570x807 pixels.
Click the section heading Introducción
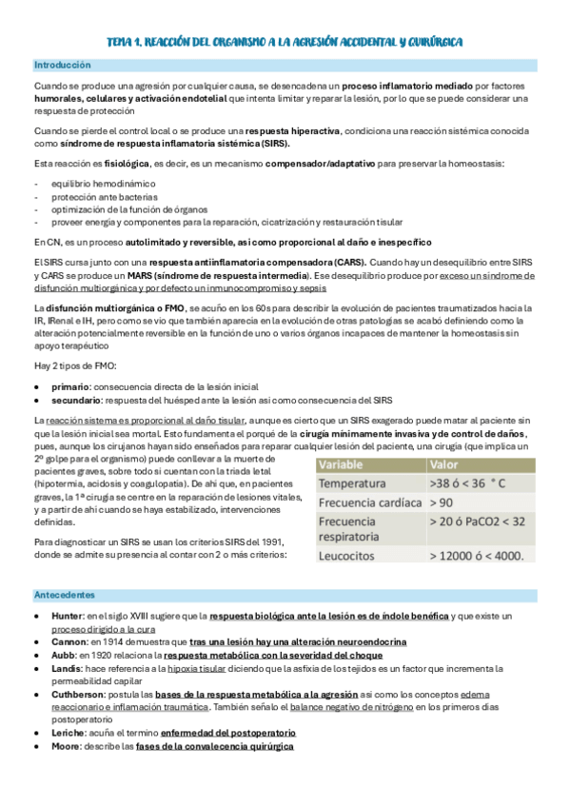(62, 66)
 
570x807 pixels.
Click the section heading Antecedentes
(64, 595)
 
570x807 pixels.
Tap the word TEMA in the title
(121, 42)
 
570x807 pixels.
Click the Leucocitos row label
(351, 554)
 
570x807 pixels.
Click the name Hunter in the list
(69, 616)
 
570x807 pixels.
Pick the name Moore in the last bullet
(68, 747)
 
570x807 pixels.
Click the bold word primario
(72, 386)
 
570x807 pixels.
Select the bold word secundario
(77, 400)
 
